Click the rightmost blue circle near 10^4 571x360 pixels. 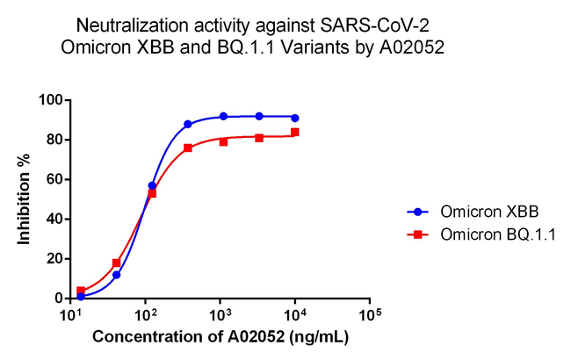coord(295,118)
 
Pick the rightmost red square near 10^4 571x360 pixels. coord(295,132)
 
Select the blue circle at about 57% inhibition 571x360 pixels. coord(152,185)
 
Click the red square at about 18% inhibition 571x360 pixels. coord(116,263)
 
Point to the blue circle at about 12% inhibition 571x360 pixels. coord(116,275)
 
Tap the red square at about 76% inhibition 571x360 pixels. coord(188,148)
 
